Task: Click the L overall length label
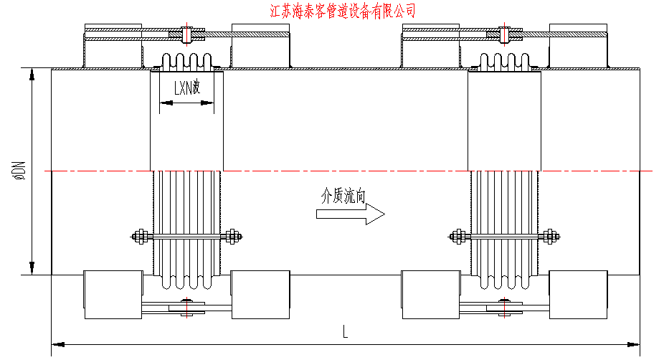click(x=345, y=331)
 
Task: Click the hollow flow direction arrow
click(x=350, y=214)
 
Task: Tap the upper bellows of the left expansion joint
click(x=186, y=62)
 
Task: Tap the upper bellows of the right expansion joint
click(x=504, y=62)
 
